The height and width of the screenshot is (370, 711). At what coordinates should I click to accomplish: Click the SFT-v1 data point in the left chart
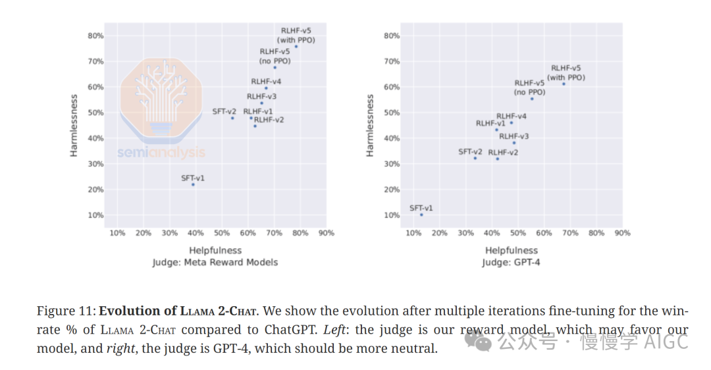coord(193,185)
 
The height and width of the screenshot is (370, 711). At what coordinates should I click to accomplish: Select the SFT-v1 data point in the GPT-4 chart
coord(421,215)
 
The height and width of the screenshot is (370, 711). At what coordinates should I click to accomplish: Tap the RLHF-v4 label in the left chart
coord(266,82)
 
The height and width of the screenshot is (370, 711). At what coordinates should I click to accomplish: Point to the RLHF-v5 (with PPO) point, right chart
coord(564,84)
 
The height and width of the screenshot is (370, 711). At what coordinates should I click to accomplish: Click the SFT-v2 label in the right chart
coord(470,152)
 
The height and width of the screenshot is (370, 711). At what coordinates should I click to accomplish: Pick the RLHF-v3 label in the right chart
coord(513,136)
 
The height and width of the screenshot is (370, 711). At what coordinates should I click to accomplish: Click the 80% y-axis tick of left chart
coord(95,36)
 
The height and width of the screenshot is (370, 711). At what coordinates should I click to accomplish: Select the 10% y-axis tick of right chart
coord(392,215)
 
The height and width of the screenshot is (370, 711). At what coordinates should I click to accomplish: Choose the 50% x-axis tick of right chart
coord(518,233)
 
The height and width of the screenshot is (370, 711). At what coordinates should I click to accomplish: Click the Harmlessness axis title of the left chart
coord(74,125)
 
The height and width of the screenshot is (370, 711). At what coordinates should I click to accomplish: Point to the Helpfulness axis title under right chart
coord(512,251)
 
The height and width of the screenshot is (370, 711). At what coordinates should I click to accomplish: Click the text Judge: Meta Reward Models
coord(215,262)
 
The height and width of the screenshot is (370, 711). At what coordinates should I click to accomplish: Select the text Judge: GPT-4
coord(512,262)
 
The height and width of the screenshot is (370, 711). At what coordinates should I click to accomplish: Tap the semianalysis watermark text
coord(161,153)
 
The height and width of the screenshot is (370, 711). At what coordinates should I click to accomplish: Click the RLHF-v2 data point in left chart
coord(255,126)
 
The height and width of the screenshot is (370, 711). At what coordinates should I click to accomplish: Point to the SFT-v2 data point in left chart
coord(232,118)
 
